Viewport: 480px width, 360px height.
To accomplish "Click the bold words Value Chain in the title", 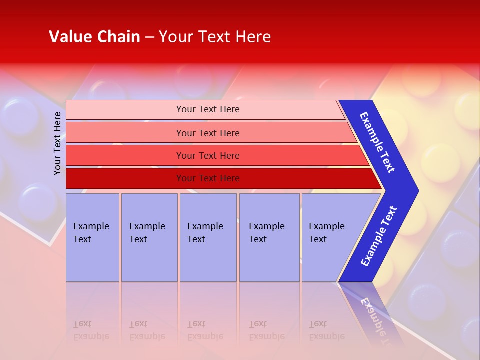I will tap(94, 37).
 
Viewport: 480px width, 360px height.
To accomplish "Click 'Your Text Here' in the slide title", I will tap(215, 37).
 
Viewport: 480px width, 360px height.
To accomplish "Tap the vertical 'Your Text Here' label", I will tap(57, 144).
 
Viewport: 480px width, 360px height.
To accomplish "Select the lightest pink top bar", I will tap(207, 109).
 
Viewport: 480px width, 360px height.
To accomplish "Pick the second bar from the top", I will tap(207, 133).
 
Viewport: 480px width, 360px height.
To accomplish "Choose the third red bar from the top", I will tap(207, 155).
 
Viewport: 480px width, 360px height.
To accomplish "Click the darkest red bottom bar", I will tap(207, 178).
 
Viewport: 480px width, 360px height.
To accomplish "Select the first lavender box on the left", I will tap(92, 237).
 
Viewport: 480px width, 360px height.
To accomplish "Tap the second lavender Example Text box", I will tap(149, 237).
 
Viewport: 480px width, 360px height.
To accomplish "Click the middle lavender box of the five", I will tap(208, 237).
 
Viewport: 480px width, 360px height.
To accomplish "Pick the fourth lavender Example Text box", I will tap(269, 237).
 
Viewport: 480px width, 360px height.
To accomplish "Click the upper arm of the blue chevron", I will tap(378, 142).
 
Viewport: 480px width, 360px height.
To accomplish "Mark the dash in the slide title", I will tap(149, 37).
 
